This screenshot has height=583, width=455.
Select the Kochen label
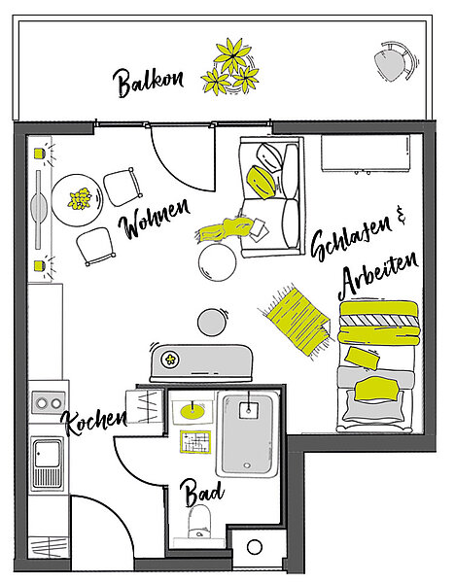point(95,422)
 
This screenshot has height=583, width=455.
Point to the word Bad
point(202,493)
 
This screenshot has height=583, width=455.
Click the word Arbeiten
point(377,276)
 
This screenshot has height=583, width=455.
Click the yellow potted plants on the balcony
point(230,68)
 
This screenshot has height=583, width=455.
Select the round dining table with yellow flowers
point(77,199)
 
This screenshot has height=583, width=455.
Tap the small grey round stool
point(212,323)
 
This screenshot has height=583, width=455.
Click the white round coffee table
point(217,261)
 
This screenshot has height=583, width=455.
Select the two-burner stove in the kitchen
point(49,402)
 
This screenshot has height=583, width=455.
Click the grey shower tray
point(247,434)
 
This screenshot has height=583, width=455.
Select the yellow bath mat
point(195,442)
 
